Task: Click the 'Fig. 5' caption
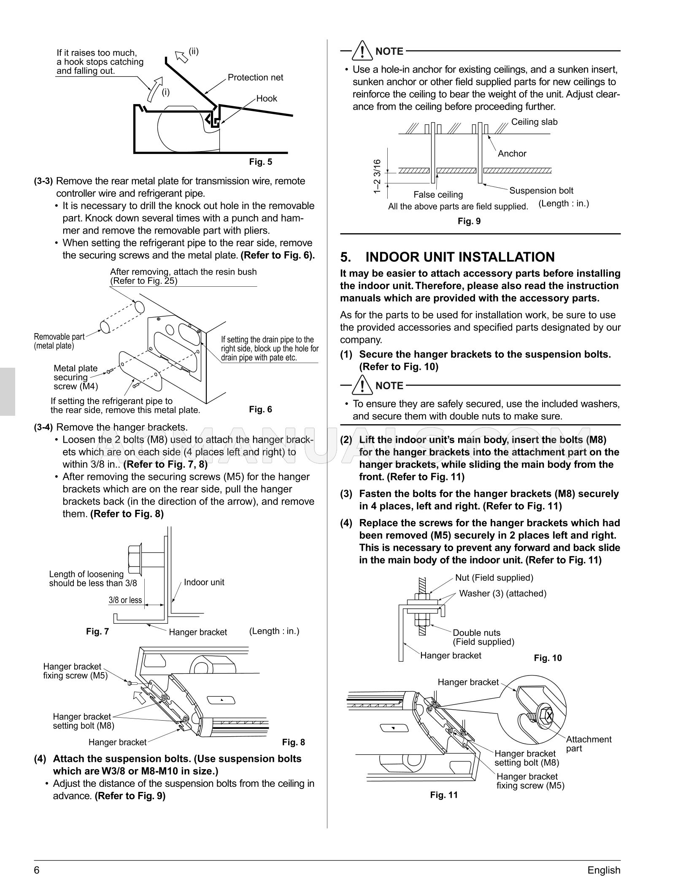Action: click(x=260, y=162)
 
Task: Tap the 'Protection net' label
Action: click(x=255, y=78)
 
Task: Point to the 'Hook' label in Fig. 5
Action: click(x=267, y=99)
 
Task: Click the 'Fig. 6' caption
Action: click(x=260, y=409)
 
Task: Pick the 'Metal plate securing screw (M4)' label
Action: click(x=76, y=377)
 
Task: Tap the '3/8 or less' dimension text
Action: click(x=125, y=600)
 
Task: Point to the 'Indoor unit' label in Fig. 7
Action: click(x=204, y=582)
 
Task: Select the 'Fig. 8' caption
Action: click(x=293, y=742)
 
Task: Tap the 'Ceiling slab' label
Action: click(x=534, y=122)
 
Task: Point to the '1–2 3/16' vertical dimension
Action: click(x=377, y=177)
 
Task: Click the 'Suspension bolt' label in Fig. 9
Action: click(x=541, y=191)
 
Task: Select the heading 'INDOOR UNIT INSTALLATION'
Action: click(x=460, y=257)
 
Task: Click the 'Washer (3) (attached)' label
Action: click(x=502, y=594)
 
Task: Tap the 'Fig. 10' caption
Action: click(x=548, y=658)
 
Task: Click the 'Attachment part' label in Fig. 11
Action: click(x=588, y=744)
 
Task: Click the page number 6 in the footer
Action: click(x=37, y=870)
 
